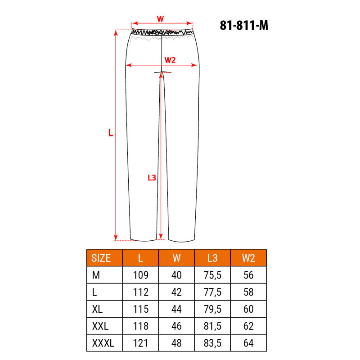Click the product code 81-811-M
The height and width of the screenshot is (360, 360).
coord(244,25)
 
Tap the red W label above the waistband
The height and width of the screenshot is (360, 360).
coord(160,18)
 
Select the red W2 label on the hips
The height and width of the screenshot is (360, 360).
coord(170,60)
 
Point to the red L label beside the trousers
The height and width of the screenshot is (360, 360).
coord(111,132)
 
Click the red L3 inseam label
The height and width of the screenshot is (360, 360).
coord(152,177)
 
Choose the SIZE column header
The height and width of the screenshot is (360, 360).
coord(101,258)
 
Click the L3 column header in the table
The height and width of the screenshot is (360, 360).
coord(212,258)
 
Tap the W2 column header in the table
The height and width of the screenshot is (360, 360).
coord(248,258)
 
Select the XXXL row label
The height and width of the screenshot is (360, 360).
coord(103,343)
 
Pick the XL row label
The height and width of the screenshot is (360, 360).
coord(97,309)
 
